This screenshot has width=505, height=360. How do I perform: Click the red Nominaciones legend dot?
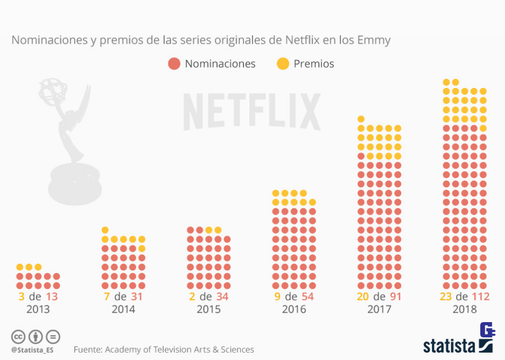[174, 64]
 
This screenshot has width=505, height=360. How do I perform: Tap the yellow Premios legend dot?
[282, 64]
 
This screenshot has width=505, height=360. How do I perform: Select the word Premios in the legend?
[314, 64]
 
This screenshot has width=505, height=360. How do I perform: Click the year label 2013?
[38, 309]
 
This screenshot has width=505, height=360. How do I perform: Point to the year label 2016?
[294, 309]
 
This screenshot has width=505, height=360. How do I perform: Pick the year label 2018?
[464, 309]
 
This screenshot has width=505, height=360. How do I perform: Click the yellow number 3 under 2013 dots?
[22, 296]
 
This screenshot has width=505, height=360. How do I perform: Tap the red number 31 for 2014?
[136, 296]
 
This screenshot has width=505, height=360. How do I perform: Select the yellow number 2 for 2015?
[192, 296]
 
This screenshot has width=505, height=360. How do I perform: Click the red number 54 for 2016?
[307, 296]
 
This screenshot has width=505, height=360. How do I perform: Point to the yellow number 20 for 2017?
[362, 296]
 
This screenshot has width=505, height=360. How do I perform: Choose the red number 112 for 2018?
[480, 296]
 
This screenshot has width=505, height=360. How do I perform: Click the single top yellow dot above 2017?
[361, 118]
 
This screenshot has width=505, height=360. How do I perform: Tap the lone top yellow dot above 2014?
[105, 230]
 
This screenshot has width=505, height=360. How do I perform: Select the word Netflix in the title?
[304, 40]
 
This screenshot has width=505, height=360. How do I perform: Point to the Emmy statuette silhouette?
[68, 142]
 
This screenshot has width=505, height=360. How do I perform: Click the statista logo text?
[450, 345]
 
